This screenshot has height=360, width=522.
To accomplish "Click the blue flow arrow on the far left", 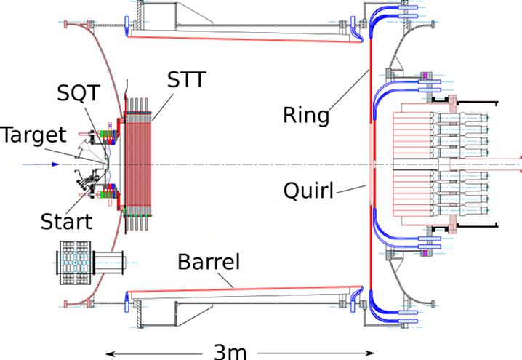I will [39, 164].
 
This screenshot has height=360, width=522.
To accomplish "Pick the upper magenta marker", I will [425, 75].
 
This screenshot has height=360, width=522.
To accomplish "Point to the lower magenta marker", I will [425, 253].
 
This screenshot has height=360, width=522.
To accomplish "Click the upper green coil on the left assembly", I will [108, 134].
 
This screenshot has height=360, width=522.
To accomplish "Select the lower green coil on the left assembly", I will [108, 195].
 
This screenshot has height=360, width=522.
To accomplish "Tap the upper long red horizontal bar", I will [247, 39].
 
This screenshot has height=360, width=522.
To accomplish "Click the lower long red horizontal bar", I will [247, 289].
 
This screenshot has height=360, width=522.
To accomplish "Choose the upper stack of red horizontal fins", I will [411, 134].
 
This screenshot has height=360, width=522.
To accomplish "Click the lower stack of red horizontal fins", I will [411, 193].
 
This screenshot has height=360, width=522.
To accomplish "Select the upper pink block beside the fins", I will [454, 103].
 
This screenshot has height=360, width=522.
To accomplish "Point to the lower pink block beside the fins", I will [453, 225].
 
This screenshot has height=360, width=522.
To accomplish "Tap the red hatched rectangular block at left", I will [139, 164].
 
